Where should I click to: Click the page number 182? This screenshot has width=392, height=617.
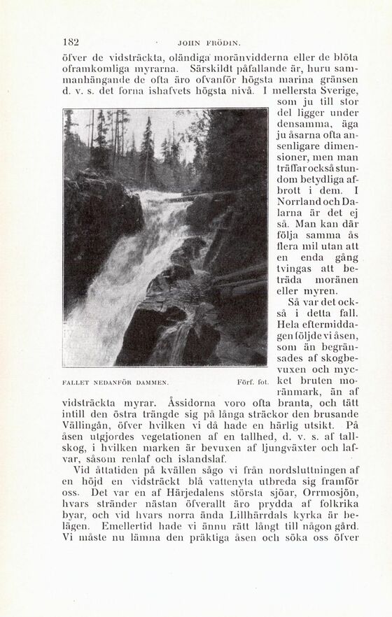pyautogui.click(x=71, y=41)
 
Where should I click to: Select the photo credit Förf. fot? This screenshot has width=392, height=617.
pyautogui.click(x=249, y=382)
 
